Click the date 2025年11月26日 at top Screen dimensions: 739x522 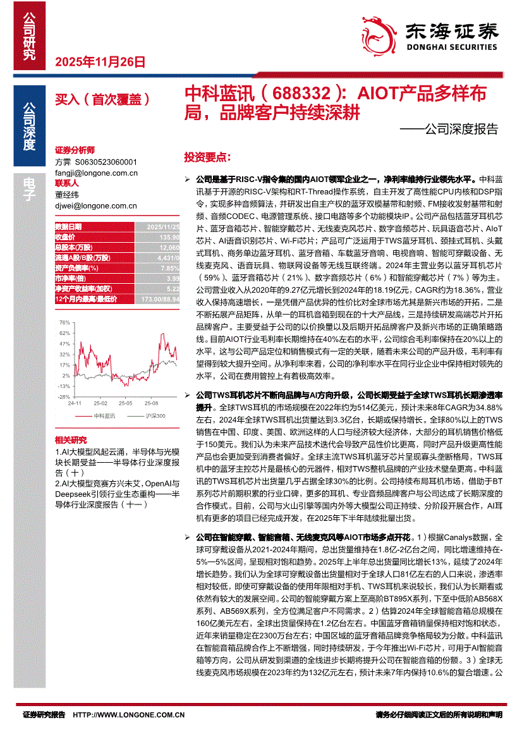tap(100, 62)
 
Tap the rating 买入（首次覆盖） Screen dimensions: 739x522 tap(102, 99)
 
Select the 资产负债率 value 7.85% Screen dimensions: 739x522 tap(169, 267)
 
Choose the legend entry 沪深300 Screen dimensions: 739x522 tap(154, 415)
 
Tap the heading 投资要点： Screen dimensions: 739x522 tap(207, 156)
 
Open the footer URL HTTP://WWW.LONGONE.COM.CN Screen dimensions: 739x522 tap(129, 714)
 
